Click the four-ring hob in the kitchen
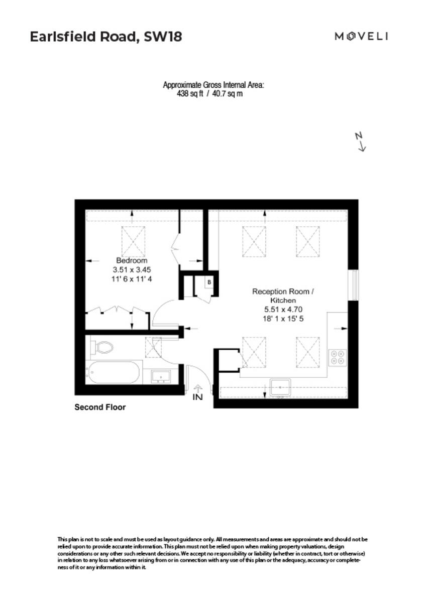click(337, 357)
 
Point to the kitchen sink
click(280, 387)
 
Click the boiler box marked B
click(209, 282)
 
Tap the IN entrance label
click(198, 397)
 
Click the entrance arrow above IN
click(198, 387)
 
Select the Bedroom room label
click(132, 261)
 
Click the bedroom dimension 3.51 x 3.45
click(132, 269)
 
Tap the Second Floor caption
click(100, 407)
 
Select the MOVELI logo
click(362, 36)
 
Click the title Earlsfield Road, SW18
click(105, 37)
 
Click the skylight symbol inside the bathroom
click(153, 347)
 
